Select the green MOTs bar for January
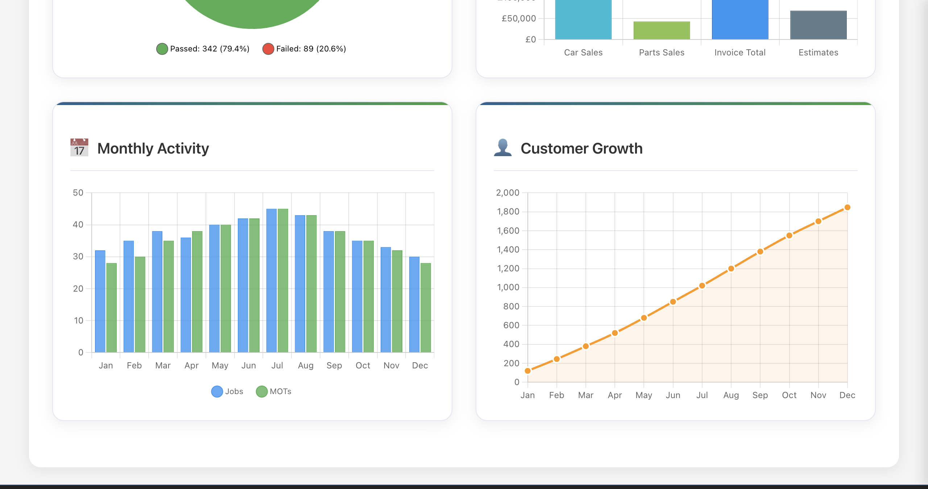[112, 308]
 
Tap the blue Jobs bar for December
[414, 305]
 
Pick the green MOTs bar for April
[197, 292]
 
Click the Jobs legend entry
[227, 392]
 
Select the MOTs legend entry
[274, 392]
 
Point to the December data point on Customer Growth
[847, 208]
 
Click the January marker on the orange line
[528, 371]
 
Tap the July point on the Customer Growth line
[702, 286]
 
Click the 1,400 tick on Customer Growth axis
[508, 250]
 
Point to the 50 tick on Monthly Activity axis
[78, 193]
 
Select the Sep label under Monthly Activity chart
[334, 365]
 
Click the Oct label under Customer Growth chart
[789, 395]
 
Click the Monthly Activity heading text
[153, 149]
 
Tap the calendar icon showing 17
[79, 147]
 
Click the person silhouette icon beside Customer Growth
[503, 147]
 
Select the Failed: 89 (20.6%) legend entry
[304, 49]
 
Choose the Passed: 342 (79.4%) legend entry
[203, 49]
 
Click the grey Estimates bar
[818, 25]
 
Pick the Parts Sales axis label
[662, 53]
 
